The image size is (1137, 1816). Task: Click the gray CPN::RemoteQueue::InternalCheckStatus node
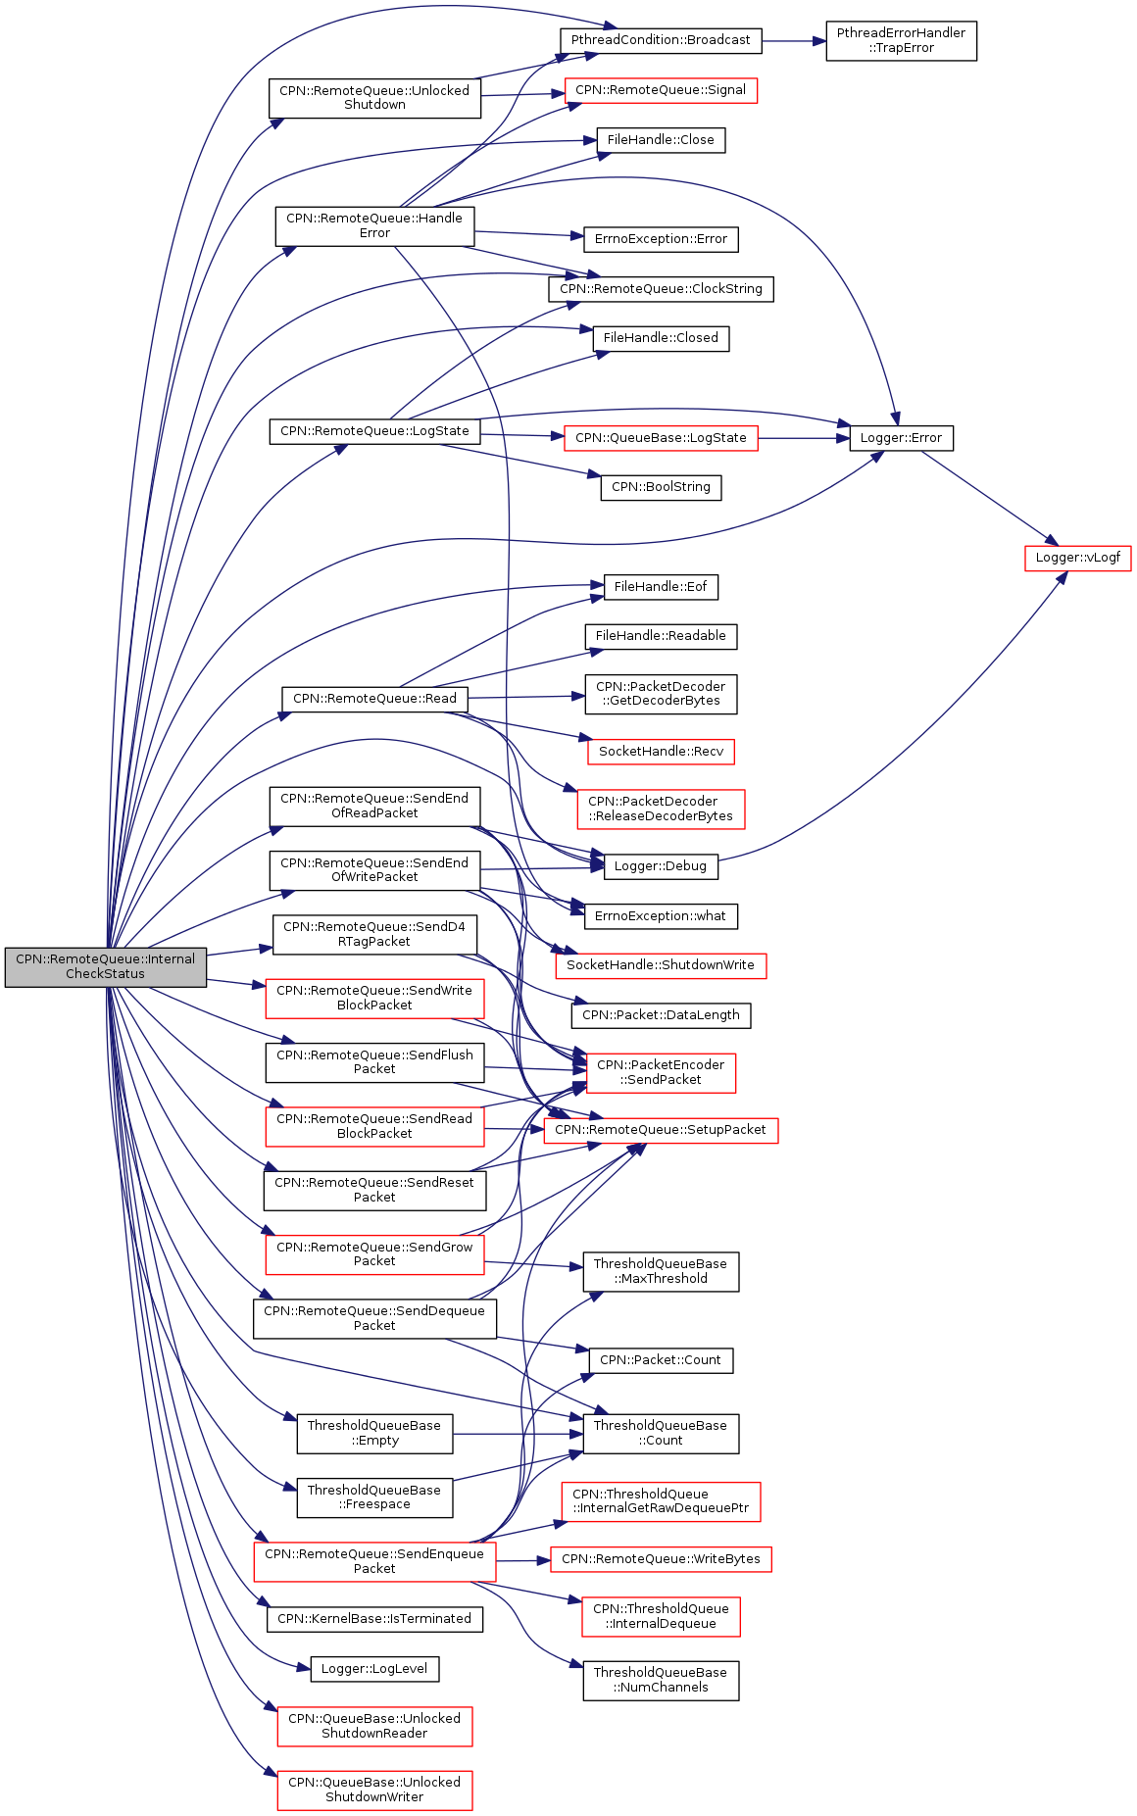pyautogui.click(x=106, y=967)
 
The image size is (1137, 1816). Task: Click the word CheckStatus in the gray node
pyautogui.click(x=105, y=974)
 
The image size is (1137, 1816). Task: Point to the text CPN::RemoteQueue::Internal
pyautogui.click(x=105, y=959)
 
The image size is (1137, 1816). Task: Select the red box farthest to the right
pyautogui.click(x=1077, y=559)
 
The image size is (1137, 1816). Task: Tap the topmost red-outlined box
pyautogui.click(x=661, y=91)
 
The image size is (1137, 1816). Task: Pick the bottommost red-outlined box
pyautogui.click(x=374, y=1790)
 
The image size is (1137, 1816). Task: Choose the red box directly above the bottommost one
pyautogui.click(x=374, y=1726)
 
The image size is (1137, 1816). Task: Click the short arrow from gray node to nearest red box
pyautogui.click(x=235, y=982)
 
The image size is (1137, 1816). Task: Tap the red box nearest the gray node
pyautogui.click(x=374, y=999)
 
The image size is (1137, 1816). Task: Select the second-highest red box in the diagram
pyautogui.click(x=661, y=438)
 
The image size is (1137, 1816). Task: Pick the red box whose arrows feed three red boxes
pyautogui.click(x=374, y=1562)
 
